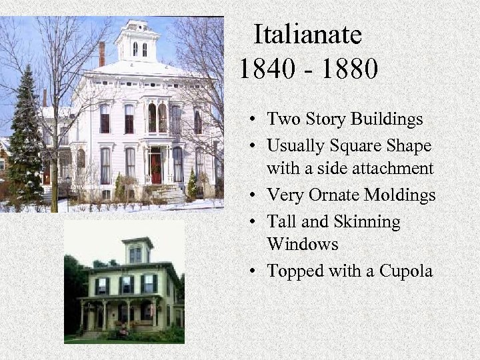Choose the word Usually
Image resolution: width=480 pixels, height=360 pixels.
click(295, 145)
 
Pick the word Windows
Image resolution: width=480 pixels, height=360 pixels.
click(302, 245)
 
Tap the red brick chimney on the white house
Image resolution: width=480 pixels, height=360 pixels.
click(102, 54)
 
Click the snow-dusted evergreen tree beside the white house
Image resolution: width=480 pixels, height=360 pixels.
click(25, 140)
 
